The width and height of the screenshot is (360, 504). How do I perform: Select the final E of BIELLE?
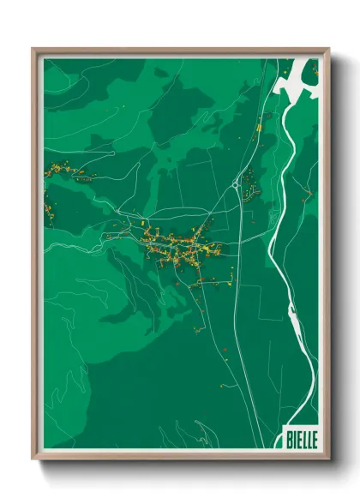coord(313,438)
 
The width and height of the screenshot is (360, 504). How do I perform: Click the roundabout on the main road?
coord(235,183)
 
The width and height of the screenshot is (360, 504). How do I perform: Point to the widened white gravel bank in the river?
coord(294,322)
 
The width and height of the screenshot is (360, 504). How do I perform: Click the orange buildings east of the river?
coord(307,194)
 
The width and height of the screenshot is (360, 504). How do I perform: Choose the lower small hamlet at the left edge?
coord(49,210)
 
